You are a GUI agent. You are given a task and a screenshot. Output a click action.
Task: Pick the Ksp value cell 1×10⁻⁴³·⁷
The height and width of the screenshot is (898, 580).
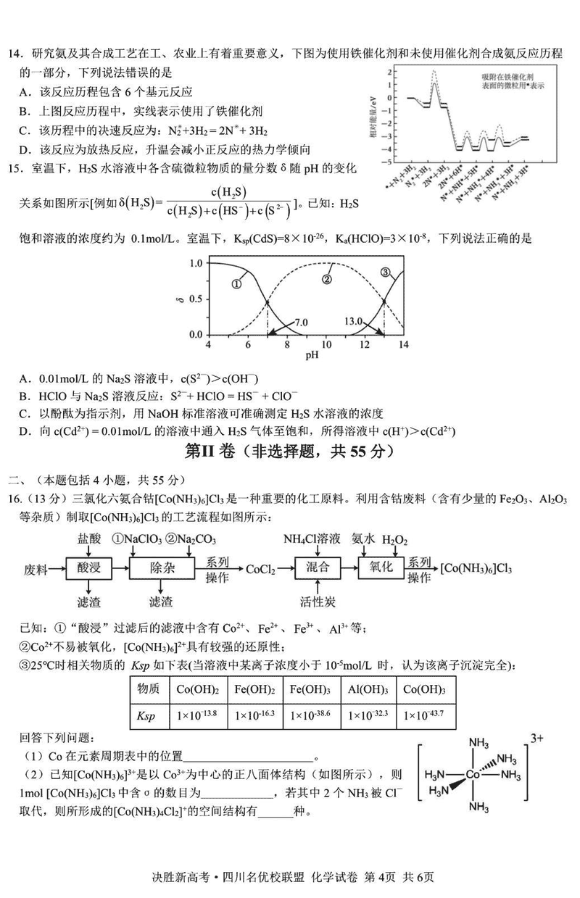[423, 715]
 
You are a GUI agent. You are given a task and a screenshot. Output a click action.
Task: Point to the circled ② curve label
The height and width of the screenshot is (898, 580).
[327, 279]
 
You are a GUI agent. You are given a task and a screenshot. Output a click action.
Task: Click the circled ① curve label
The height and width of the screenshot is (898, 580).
[236, 284]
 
